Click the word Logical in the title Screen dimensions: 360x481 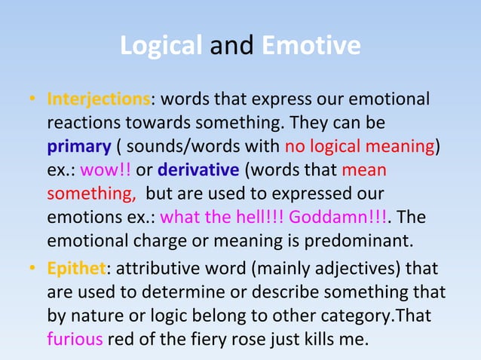point(161,46)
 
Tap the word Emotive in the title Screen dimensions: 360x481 point(311,46)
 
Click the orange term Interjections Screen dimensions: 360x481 point(98,99)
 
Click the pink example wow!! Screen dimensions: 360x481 point(105,169)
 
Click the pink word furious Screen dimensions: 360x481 point(74,338)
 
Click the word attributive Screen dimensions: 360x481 point(158,268)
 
